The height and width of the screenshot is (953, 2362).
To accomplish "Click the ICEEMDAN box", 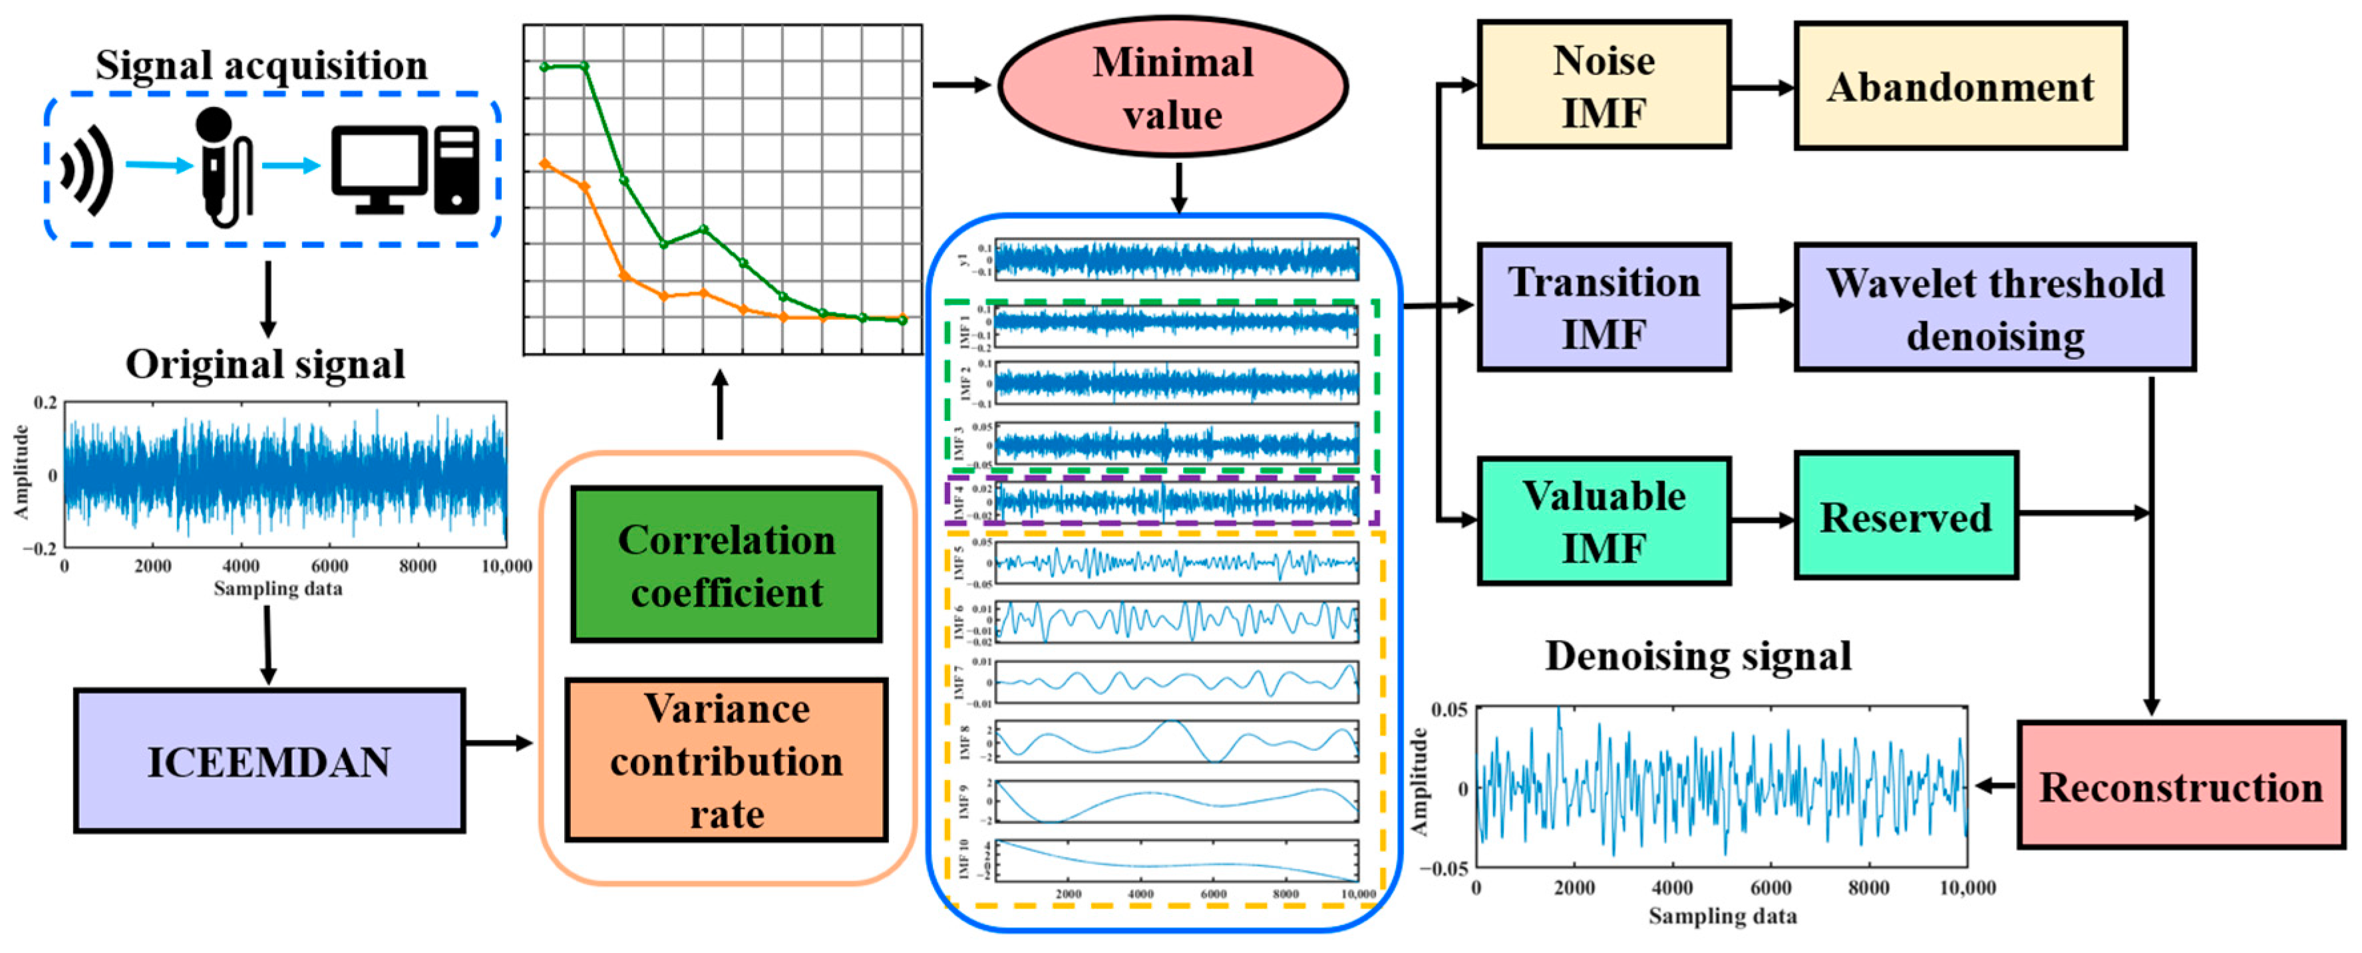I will [x=269, y=761].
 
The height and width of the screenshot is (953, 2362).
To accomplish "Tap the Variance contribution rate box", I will [x=726, y=759].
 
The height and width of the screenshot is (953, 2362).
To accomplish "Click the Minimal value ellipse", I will [x=1173, y=87].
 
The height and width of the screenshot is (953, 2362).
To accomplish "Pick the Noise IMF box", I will [x=1603, y=85].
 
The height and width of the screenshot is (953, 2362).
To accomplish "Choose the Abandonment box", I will [x=1959, y=87].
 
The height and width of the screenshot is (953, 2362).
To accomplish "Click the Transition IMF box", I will [x=1603, y=307].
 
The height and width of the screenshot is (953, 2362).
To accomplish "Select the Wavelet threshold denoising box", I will [x=1994, y=308].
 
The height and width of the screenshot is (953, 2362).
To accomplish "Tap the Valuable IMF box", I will [x=1603, y=521].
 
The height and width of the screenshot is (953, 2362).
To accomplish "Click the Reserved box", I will [x=1906, y=516].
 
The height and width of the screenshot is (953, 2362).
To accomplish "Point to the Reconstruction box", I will [x=2180, y=785].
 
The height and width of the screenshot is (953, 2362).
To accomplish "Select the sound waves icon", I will [x=87, y=170].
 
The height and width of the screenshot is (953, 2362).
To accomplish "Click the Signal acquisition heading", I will [x=261, y=65].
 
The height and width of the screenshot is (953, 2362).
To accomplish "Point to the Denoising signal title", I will [x=1698, y=656].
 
